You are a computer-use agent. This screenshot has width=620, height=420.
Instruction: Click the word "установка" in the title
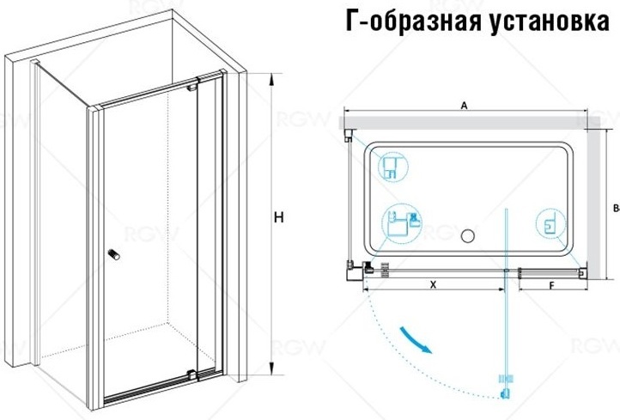(x=550, y=21)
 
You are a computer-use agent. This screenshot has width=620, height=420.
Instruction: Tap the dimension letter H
(x=279, y=217)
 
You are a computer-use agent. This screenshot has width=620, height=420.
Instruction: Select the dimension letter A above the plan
(x=465, y=105)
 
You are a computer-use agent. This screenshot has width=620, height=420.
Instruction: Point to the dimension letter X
(x=434, y=284)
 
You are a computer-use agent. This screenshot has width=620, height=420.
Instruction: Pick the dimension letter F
(x=552, y=285)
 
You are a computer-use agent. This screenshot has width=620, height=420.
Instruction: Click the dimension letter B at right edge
(x=616, y=208)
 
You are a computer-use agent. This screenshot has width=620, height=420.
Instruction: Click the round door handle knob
(x=114, y=254)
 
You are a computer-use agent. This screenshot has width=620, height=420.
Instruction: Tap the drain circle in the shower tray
(x=468, y=236)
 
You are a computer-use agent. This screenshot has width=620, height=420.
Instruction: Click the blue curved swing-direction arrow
(x=415, y=339)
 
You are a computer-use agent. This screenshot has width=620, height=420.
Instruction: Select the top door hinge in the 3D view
(x=192, y=86)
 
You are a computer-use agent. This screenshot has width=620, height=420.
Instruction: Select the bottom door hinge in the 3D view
(x=191, y=374)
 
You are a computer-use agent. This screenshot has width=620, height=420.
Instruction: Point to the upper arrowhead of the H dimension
(x=271, y=79)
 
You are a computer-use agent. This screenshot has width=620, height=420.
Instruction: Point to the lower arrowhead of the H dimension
(x=271, y=368)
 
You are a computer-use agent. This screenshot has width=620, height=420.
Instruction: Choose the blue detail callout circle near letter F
(x=550, y=225)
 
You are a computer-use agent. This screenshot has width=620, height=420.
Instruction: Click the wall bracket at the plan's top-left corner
(x=349, y=135)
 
